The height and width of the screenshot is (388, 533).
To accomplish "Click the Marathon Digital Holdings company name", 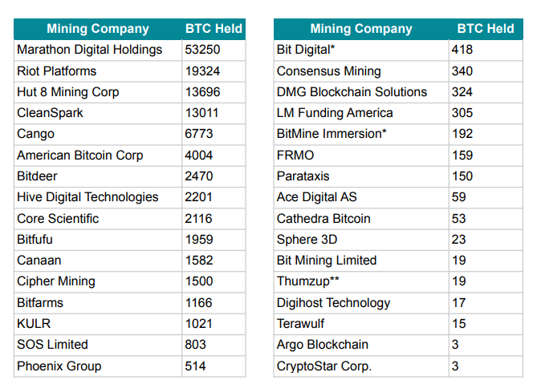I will tap(89, 50).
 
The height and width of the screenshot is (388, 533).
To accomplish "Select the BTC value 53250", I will tap(202, 50).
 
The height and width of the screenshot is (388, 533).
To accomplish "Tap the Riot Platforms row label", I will tap(56, 71).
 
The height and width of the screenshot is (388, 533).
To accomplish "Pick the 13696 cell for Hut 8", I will tap(202, 92).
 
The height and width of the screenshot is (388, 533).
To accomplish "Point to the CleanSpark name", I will tap(50, 113).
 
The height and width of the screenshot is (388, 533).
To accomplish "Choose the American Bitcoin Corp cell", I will tap(79, 156).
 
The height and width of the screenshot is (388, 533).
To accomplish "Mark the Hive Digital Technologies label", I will tap(87, 197).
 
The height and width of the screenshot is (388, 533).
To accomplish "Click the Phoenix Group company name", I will tap(59, 366).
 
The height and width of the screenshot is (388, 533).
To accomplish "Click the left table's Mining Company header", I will tap(97, 29).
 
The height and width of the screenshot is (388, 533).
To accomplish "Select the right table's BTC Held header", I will tap(485, 29).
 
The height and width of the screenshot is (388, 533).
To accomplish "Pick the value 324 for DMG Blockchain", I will tap(462, 92).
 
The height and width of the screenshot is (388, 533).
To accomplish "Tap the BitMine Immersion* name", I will tap(331, 134).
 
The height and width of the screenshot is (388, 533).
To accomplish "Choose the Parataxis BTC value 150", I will tap(462, 176).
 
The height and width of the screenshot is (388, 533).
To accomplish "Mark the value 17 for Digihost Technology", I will tap(458, 303).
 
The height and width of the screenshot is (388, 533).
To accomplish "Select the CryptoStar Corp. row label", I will tap(324, 366).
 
